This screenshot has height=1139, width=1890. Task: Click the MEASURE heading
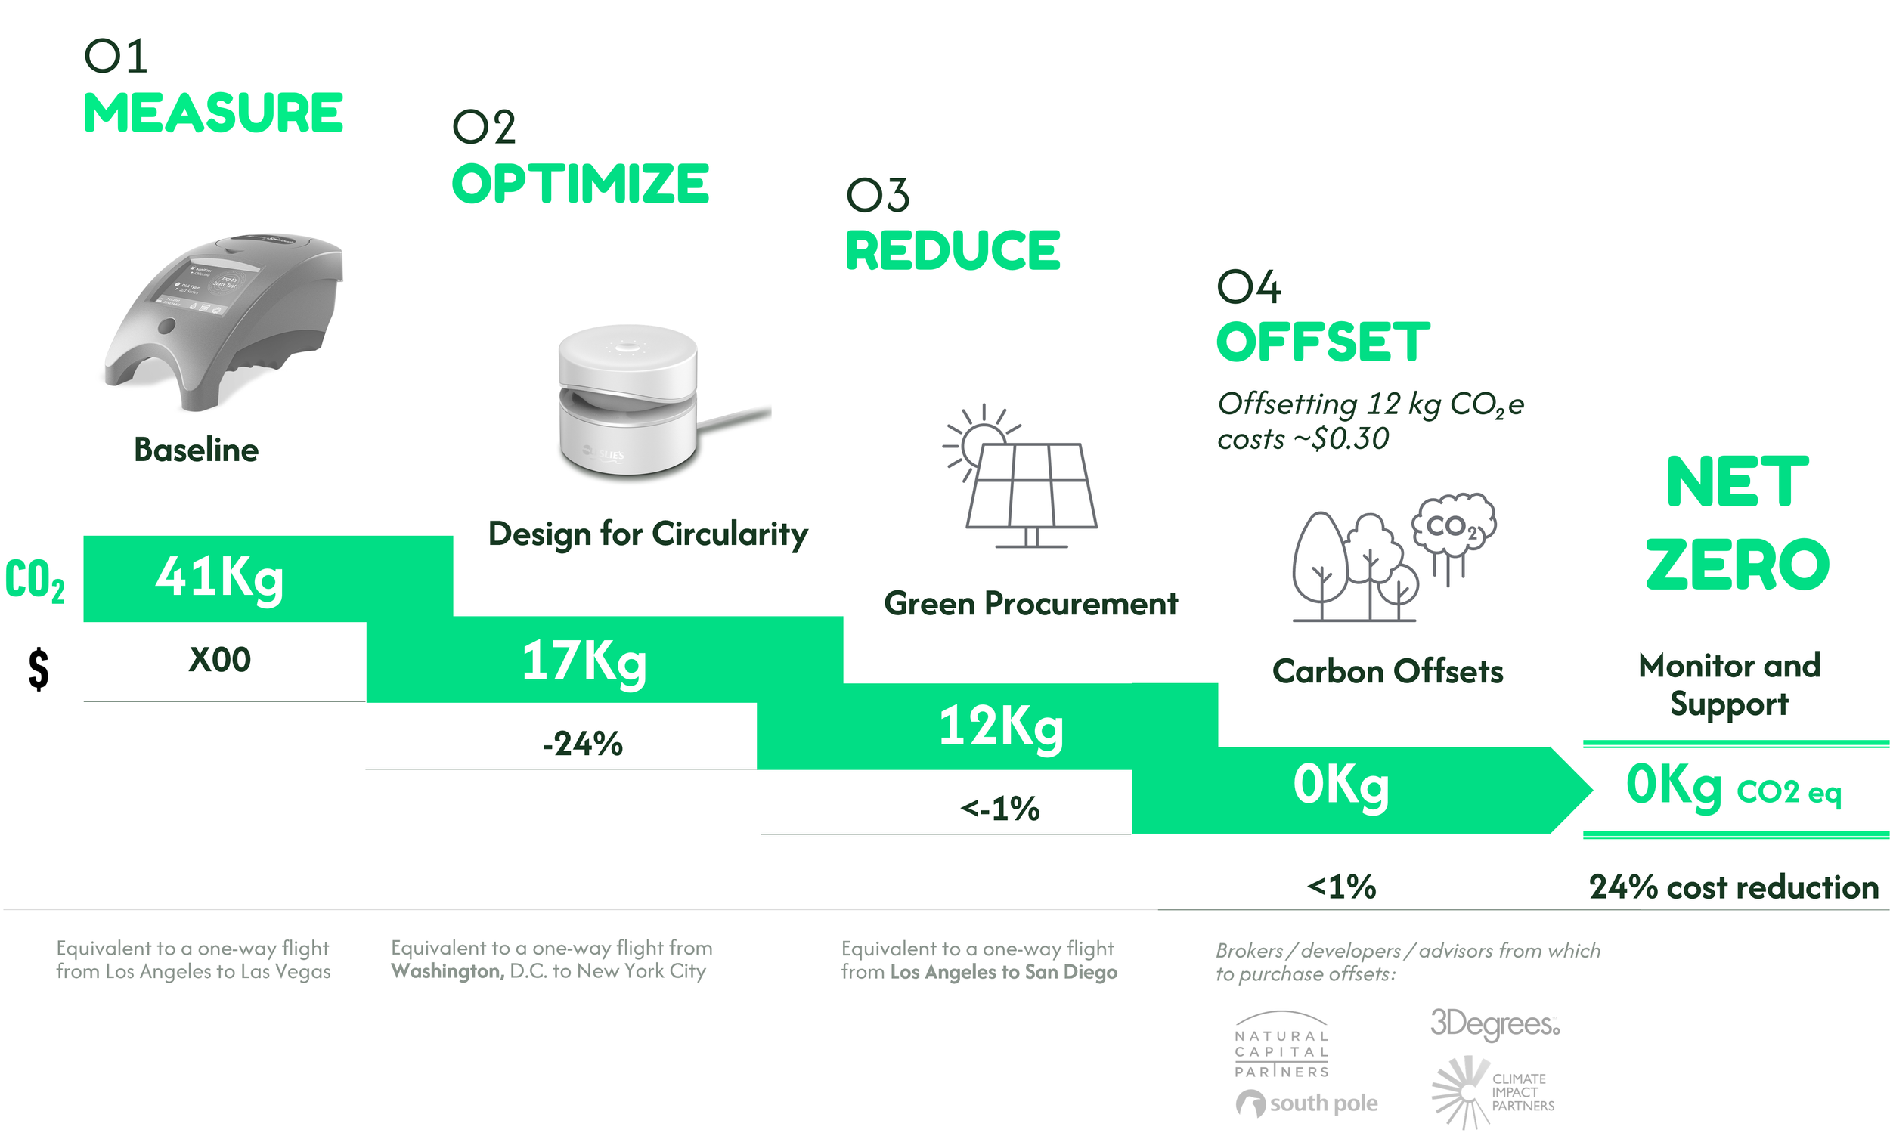click(x=212, y=113)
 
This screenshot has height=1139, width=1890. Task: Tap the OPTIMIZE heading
click(x=580, y=184)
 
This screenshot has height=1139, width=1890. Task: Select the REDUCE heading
click(x=952, y=250)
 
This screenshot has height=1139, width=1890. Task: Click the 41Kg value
click(x=219, y=577)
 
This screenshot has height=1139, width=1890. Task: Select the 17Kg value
click(x=584, y=661)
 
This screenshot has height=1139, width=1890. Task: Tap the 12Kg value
click(x=1001, y=726)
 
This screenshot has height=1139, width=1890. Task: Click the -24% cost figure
click(x=582, y=743)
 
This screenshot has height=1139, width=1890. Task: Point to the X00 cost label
click(x=219, y=660)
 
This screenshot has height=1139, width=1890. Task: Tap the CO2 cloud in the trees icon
click(x=1454, y=526)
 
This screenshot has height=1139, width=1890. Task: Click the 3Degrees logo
click(x=1494, y=1023)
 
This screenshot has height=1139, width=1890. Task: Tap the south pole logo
click(x=1307, y=1103)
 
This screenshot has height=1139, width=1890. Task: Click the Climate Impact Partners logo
click(x=1492, y=1091)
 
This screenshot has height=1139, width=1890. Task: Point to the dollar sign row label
click(x=39, y=668)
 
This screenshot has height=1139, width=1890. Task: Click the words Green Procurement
click(x=1030, y=604)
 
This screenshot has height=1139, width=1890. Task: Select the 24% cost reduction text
click(x=1734, y=887)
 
